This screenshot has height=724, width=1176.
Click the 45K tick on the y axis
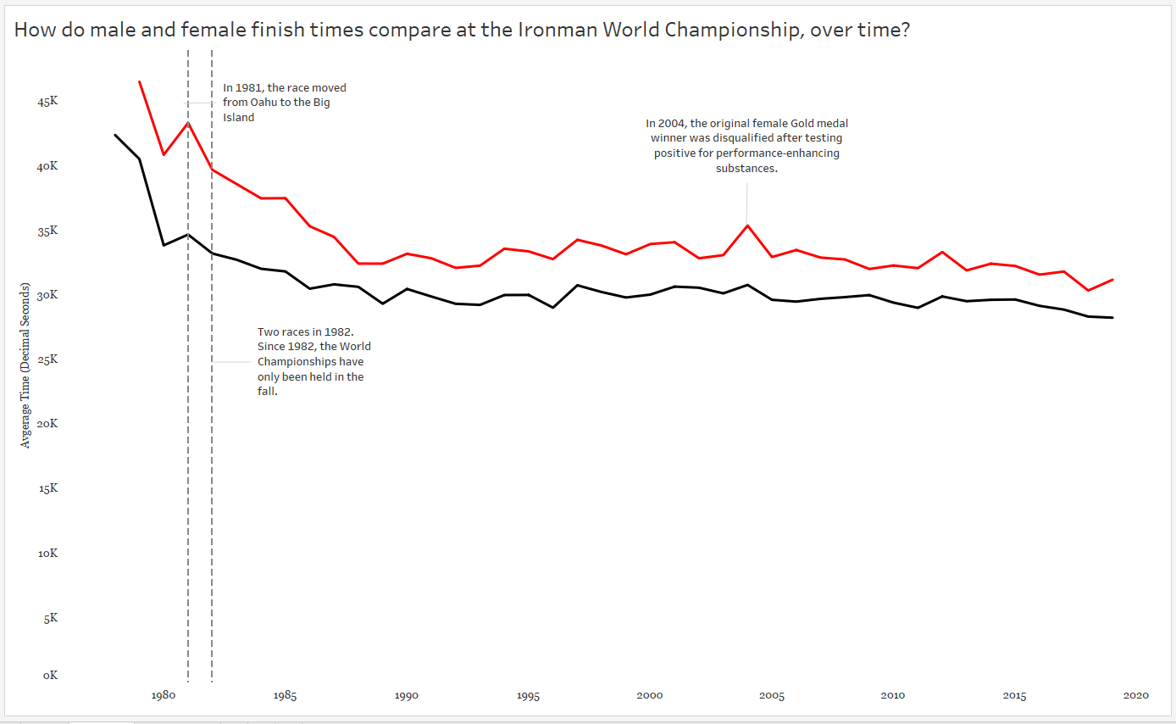(x=48, y=102)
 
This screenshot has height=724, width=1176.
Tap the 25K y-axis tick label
(x=48, y=359)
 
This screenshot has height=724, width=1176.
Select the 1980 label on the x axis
(x=164, y=696)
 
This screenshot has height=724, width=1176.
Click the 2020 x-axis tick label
(x=1135, y=696)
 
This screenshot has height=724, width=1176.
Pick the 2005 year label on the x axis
(x=771, y=696)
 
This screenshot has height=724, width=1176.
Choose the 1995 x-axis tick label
(x=528, y=696)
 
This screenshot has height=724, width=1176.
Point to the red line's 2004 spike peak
(x=746, y=226)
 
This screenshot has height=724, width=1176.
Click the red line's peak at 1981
(x=188, y=123)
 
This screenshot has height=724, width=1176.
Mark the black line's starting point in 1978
(x=115, y=135)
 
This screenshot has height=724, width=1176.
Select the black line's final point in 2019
(x=1112, y=318)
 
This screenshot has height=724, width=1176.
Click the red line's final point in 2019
(x=1112, y=280)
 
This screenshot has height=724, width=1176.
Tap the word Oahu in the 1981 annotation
(x=263, y=103)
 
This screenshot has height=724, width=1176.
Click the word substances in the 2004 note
(x=746, y=169)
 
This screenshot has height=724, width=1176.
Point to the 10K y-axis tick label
(x=48, y=554)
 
